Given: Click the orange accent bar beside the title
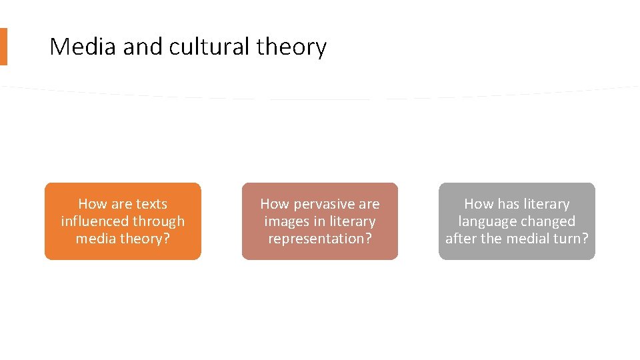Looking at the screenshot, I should (x=3, y=47).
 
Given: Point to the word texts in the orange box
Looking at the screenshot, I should (x=151, y=204).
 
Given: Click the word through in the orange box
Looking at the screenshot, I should (x=159, y=221).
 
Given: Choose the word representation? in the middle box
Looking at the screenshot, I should (x=320, y=239).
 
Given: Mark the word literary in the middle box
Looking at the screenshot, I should (x=351, y=221).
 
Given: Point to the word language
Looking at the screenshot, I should (x=485, y=221).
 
